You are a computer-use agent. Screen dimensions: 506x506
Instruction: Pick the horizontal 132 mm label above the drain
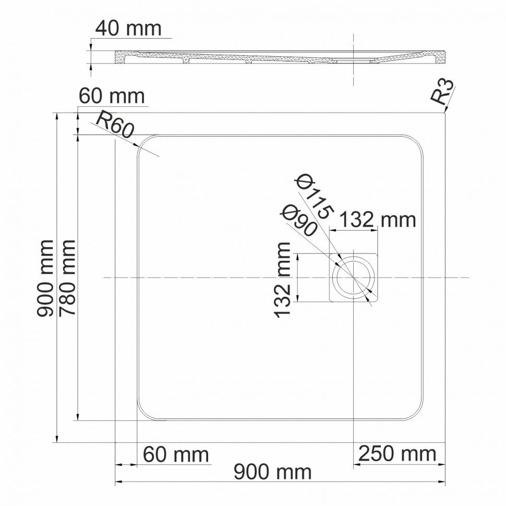pyautogui.click(x=378, y=220)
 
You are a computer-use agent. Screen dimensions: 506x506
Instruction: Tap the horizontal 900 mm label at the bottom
pyautogui.click(x=272, y=472)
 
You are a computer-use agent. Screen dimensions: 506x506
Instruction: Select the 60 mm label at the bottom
pyautogui.click(x=176, y=455)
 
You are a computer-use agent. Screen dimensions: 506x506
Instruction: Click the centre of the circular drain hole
pyautogui.click(x=354, y=277)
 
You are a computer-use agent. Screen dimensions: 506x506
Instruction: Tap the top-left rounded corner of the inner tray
pyautogui.click(x=143, y=141)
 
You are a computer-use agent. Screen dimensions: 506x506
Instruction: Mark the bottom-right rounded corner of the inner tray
pyautogui.click(x=417, y=415)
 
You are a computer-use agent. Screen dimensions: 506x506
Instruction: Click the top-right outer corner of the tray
pyautogui.click(x=444, y=113)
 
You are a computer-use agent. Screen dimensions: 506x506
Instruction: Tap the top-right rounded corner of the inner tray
pyautogui.click(x=417, y=141)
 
